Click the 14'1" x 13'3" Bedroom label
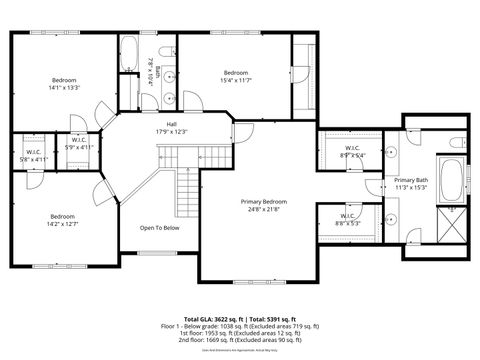64,83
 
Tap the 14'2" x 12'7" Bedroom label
63,220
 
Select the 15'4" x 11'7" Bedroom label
236,76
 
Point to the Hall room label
171,128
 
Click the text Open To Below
159,227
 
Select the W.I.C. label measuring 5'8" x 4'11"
33,155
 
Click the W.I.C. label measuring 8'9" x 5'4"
353,151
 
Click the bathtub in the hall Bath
129,56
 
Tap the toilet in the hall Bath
169,54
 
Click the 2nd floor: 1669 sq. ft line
240,341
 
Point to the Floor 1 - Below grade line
240,326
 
